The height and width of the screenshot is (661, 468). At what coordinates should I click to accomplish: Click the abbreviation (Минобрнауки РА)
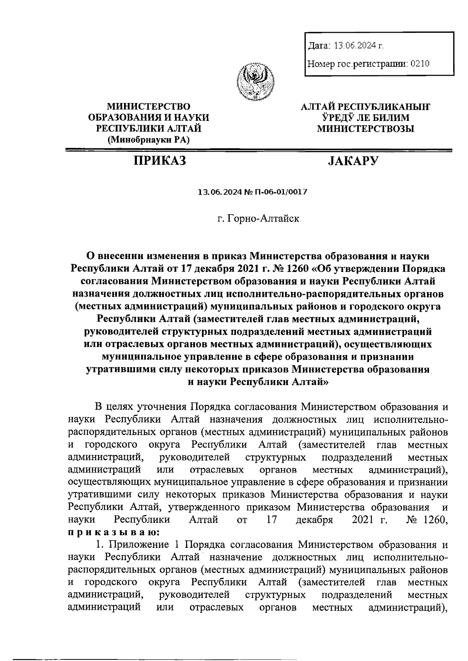coord(149,139)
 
